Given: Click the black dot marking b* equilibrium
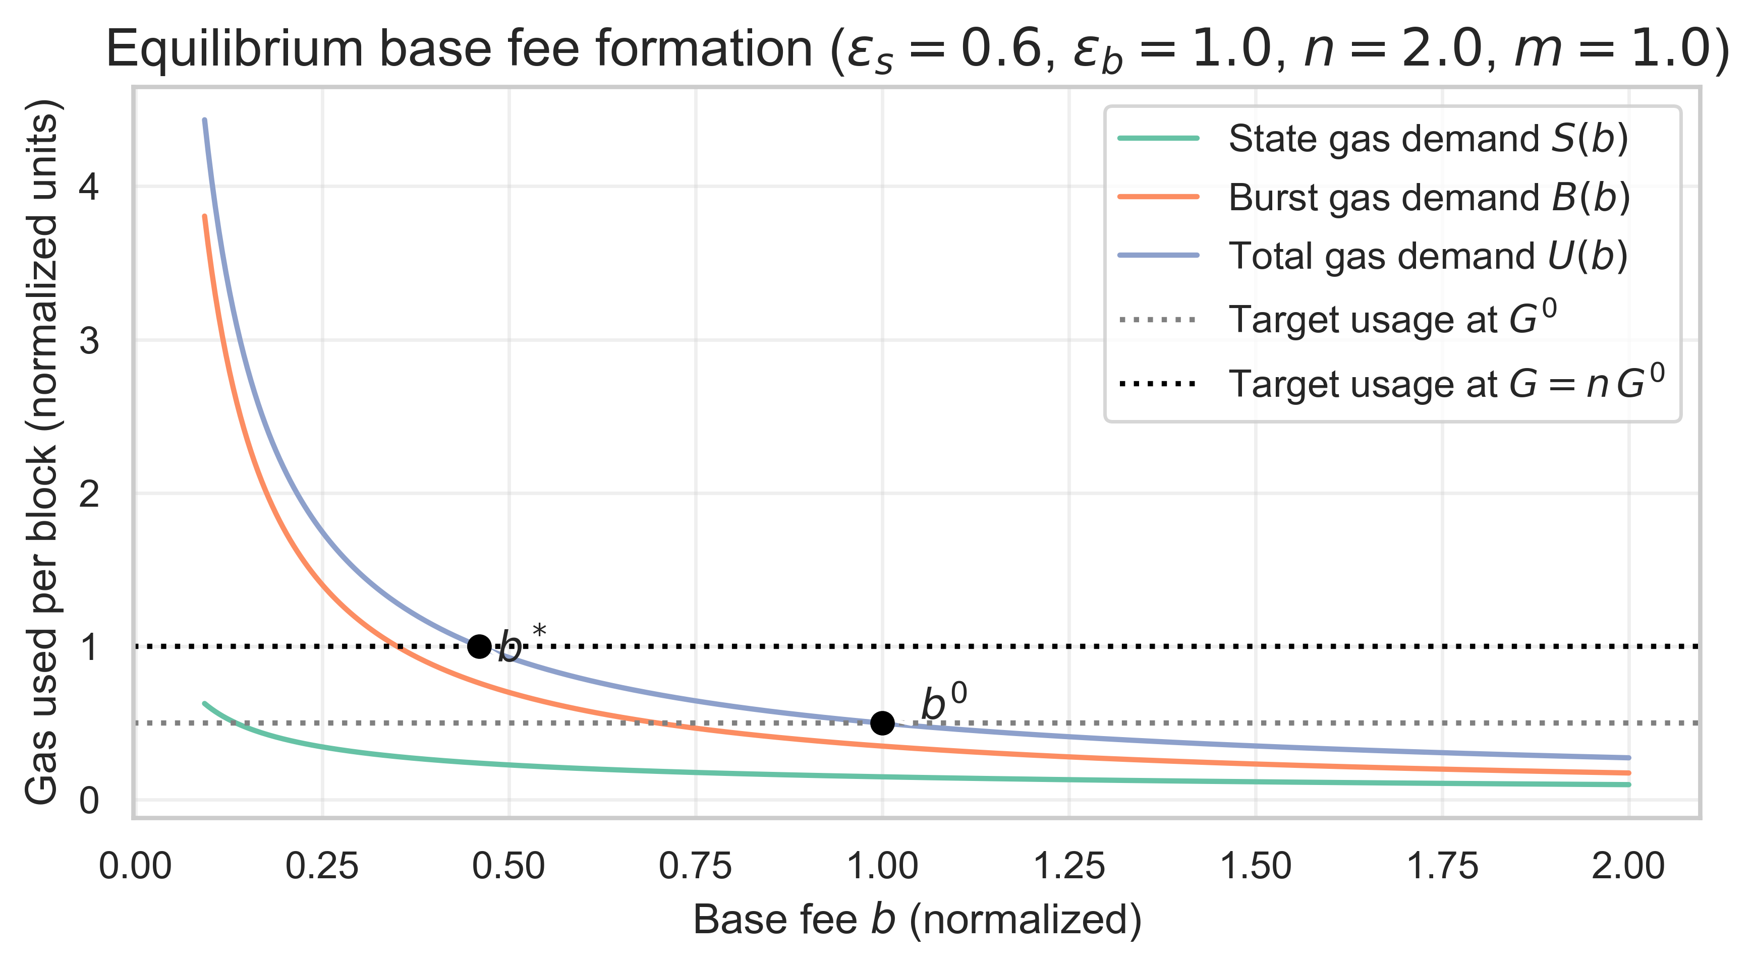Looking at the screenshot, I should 479,646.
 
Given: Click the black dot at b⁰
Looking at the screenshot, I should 882,723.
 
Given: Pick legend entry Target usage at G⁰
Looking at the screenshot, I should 1392,319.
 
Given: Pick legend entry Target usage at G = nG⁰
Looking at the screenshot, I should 1446,383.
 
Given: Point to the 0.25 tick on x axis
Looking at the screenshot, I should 321,867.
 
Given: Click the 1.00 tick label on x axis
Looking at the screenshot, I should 882,867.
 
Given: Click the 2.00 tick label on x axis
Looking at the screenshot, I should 1629,867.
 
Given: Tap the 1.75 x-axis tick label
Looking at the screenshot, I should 1442,867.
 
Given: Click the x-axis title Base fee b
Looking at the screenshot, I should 917,920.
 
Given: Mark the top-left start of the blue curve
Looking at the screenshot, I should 205,121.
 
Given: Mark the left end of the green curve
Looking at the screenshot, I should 205,704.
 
